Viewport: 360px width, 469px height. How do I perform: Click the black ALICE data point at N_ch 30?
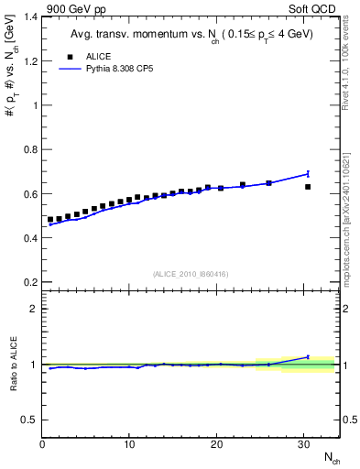[308, 187]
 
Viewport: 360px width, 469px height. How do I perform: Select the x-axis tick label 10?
[129, 444]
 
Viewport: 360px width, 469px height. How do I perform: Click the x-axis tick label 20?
[216, 444]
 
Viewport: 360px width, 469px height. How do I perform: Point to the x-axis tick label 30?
[303, 444]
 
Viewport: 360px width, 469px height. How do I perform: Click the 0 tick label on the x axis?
[42, 444]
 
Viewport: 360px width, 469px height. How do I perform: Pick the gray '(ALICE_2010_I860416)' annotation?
[191, 274]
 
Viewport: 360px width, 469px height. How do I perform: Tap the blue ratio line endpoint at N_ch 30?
[308, 357]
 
